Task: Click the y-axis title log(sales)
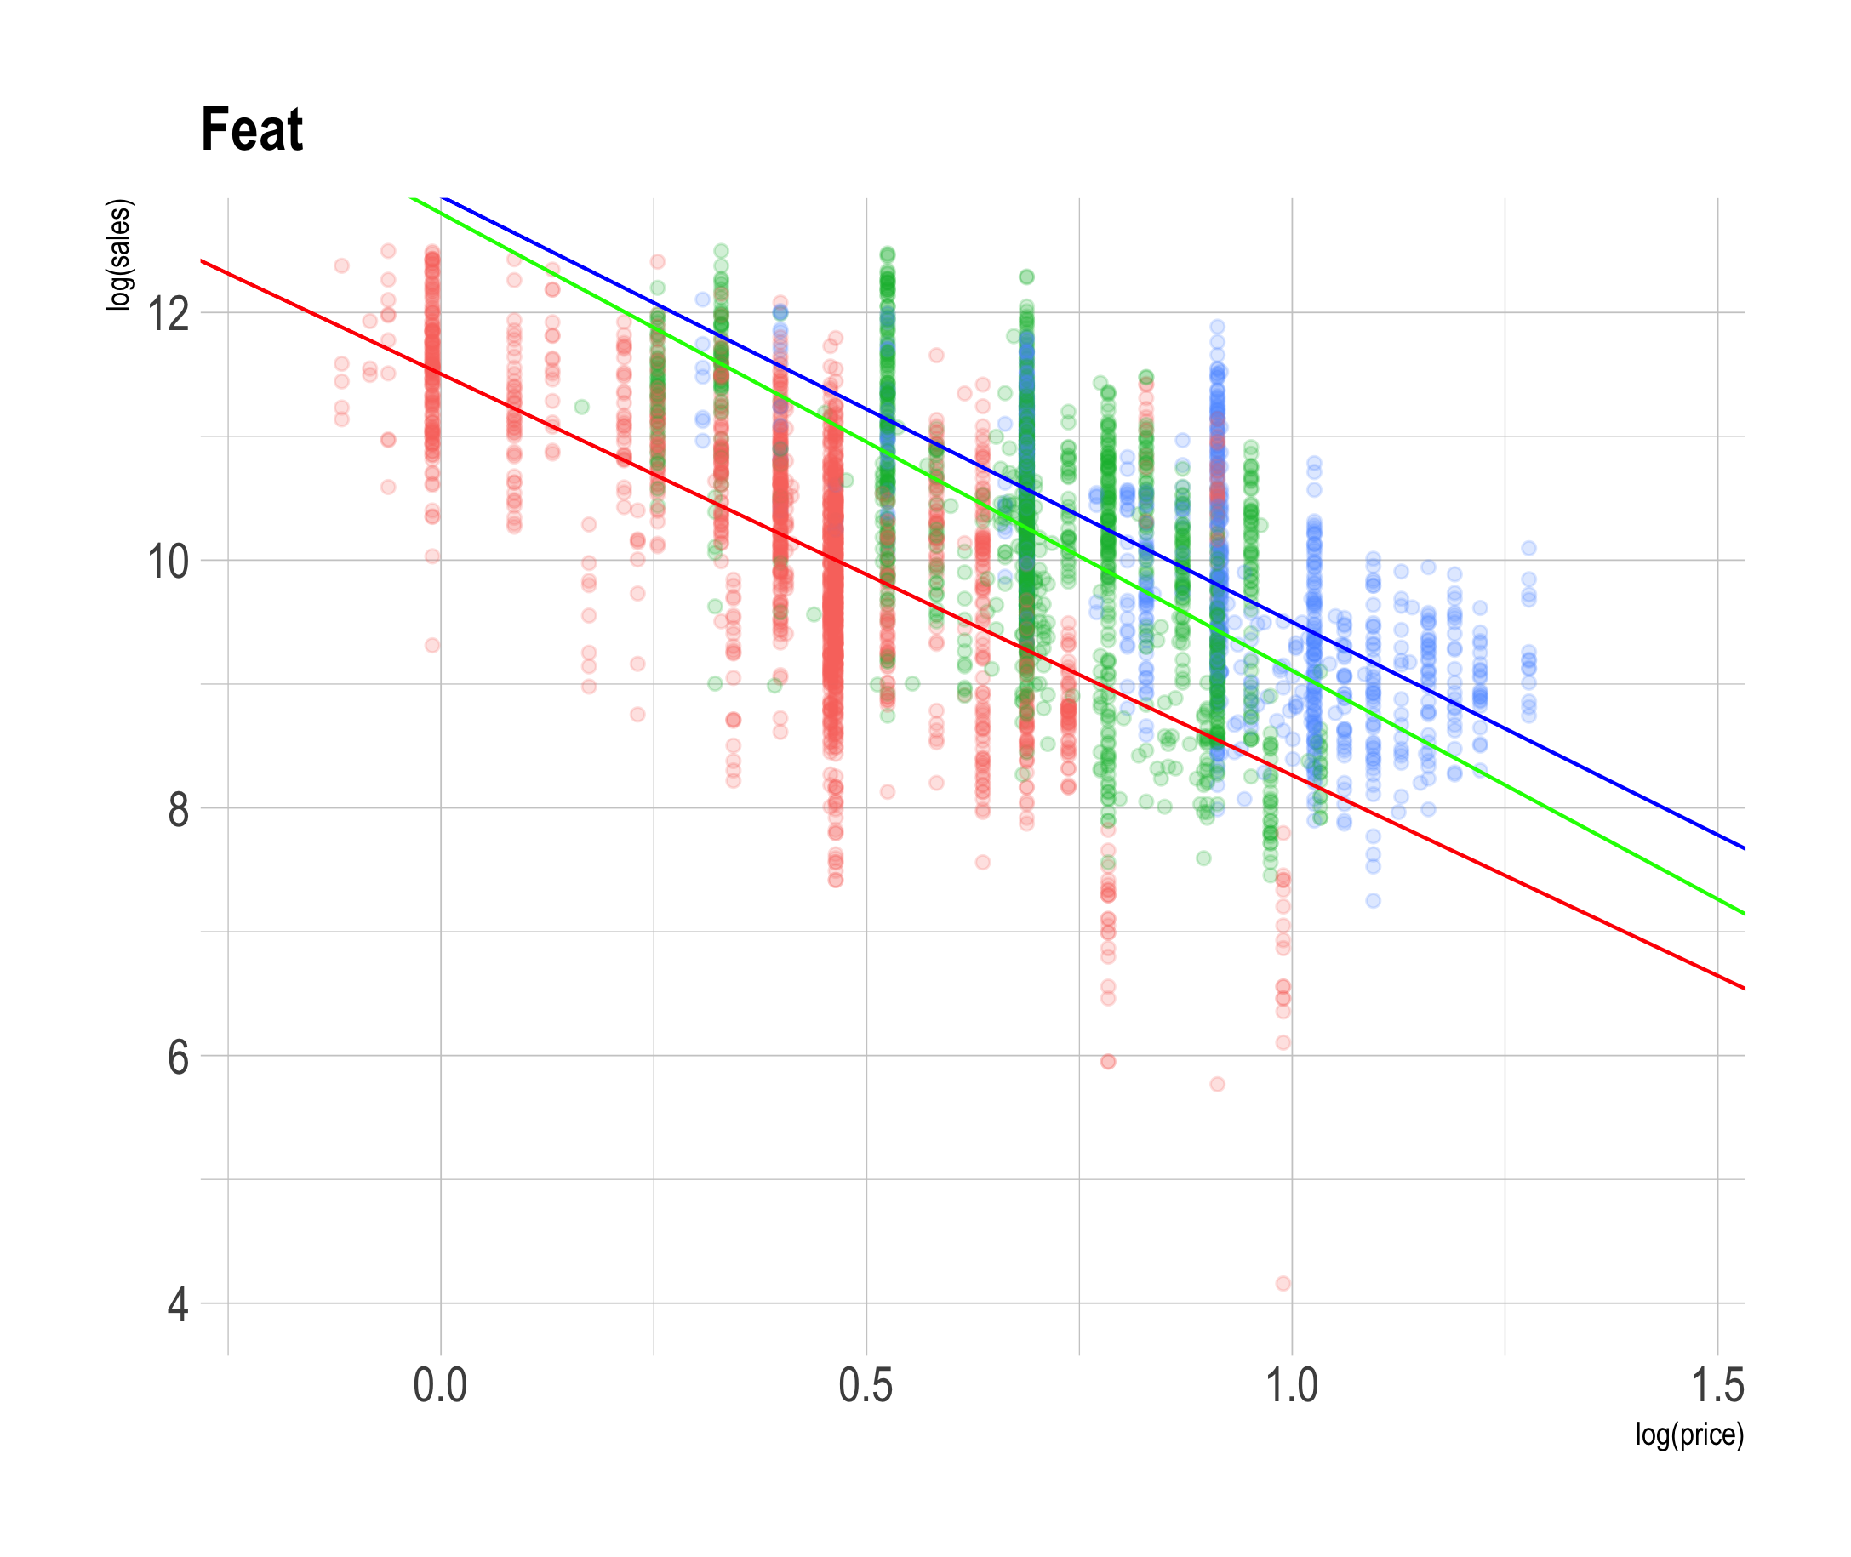(118, 255)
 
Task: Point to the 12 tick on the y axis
(168, 313)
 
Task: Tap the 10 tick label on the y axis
(168, 562)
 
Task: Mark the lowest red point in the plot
(1283, 1283)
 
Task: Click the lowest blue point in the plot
(1373, 900)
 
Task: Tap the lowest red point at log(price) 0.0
(431, 645)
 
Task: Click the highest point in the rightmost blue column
(1528, 548)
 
